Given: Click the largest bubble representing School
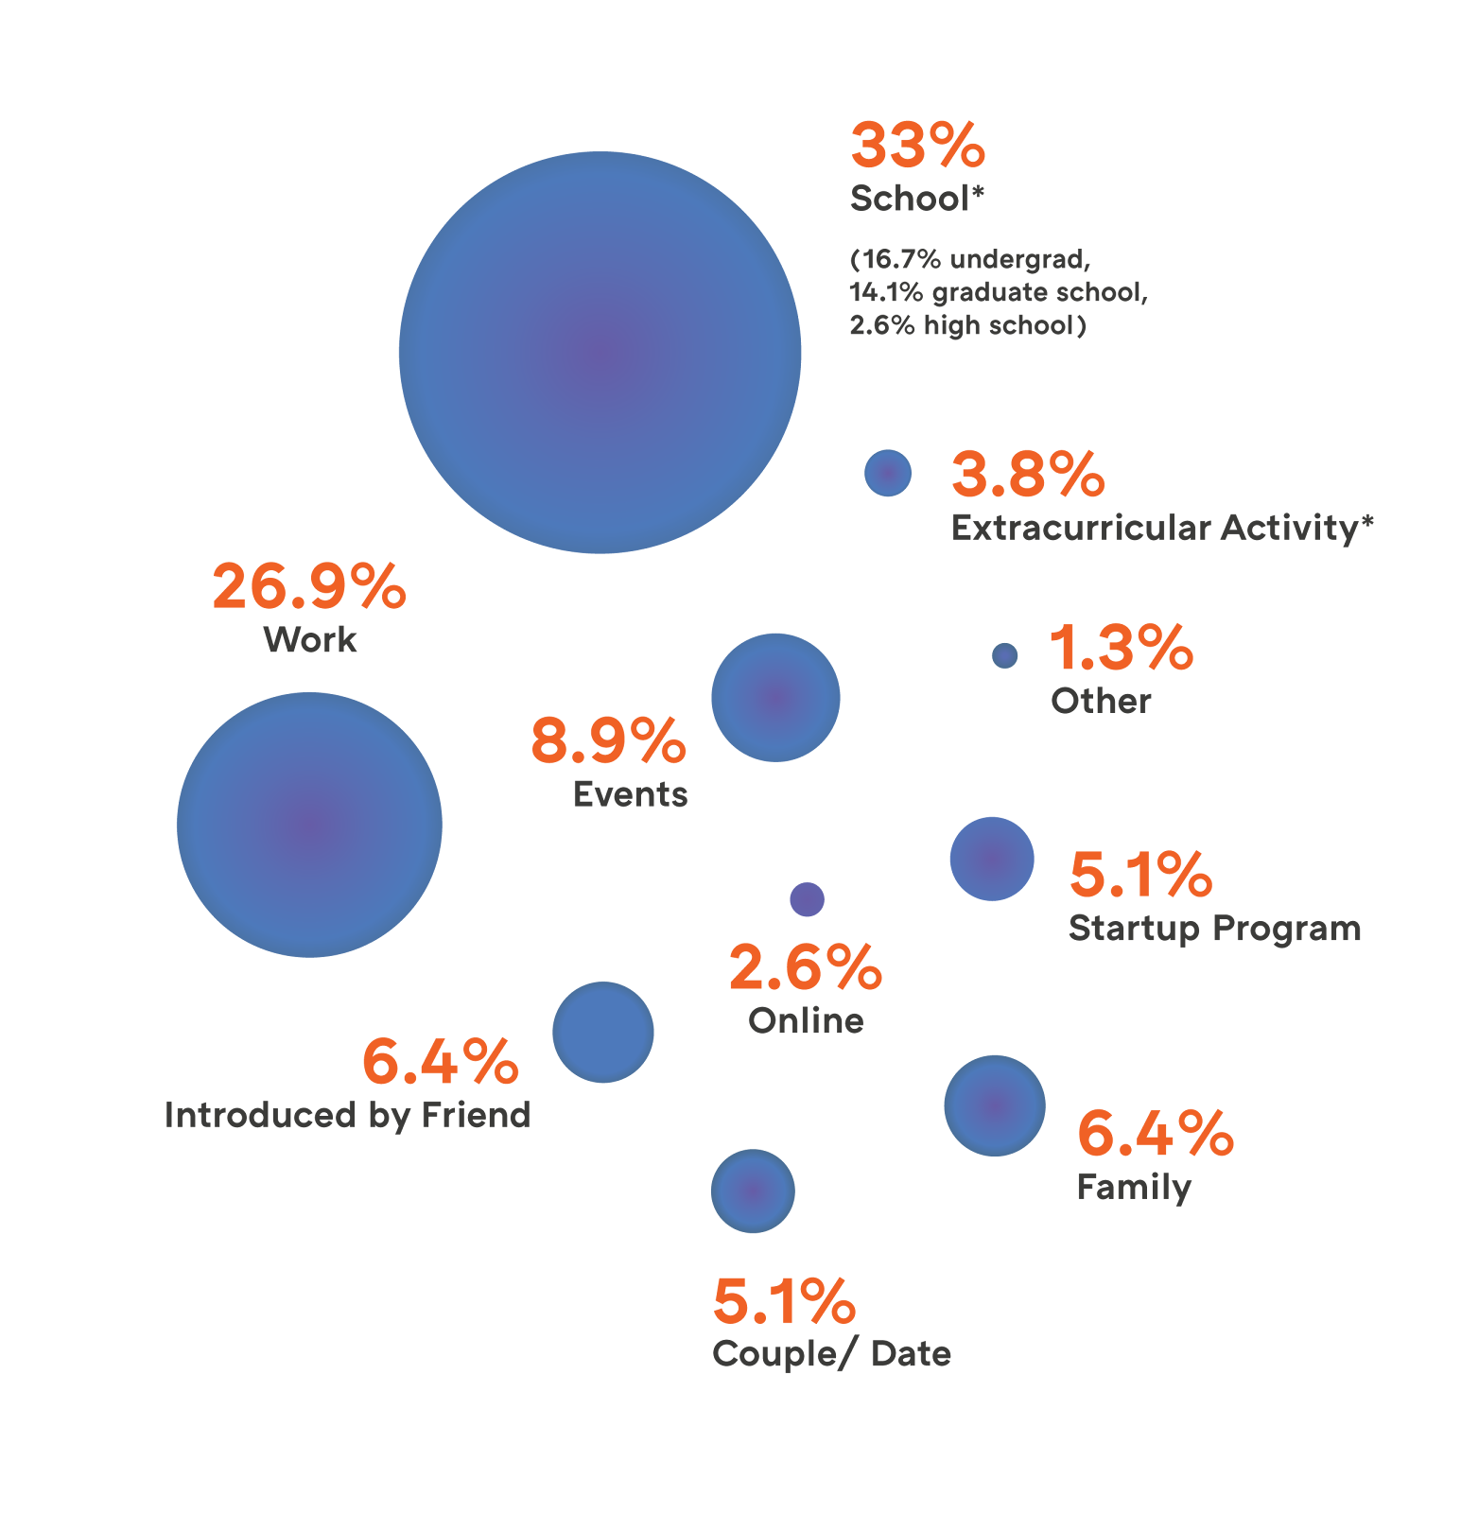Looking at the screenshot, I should pos(600,353).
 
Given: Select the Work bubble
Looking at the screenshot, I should pos(309,825).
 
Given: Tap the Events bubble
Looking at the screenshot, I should pos(775,698).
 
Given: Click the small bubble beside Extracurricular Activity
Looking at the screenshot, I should pos(887,473).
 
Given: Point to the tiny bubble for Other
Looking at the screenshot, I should pos(1004,655).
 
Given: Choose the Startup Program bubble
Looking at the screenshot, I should pos(992,859).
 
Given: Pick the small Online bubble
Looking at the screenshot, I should pos(807,899).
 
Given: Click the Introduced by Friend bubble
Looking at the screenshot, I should pos(603,1032).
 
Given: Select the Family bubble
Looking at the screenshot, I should pos(995,1105).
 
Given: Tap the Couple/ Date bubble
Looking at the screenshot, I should pos(753,1191).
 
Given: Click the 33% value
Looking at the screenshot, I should pos(917,146).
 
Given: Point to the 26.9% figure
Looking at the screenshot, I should pos(309,586).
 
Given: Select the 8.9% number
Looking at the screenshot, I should pos(608,740).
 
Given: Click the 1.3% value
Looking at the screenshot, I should pos(1121,648).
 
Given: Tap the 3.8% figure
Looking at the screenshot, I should pos(1028,474).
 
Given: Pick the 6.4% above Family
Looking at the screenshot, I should pos(1155,1133).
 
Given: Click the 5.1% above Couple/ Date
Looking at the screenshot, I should pos(784,1301).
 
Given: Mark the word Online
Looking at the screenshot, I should pos(806,1021).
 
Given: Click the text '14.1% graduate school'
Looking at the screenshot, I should pos(998,292).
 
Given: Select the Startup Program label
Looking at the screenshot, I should pos(1214,929).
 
